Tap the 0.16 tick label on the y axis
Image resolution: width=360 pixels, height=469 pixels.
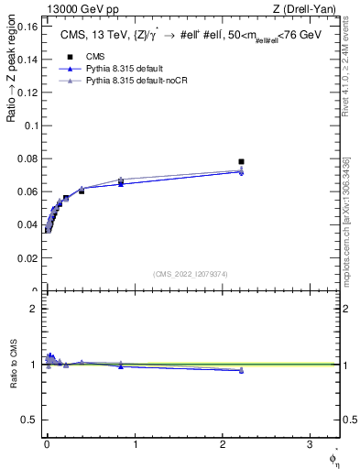pos(27,26)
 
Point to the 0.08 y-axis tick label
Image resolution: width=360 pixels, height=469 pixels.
pos(27,158)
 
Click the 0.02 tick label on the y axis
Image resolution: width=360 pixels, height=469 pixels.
pos(27,258)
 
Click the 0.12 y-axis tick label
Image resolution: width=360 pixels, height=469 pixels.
pos(27,93)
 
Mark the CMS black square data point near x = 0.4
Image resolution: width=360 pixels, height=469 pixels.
pos(82,191)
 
